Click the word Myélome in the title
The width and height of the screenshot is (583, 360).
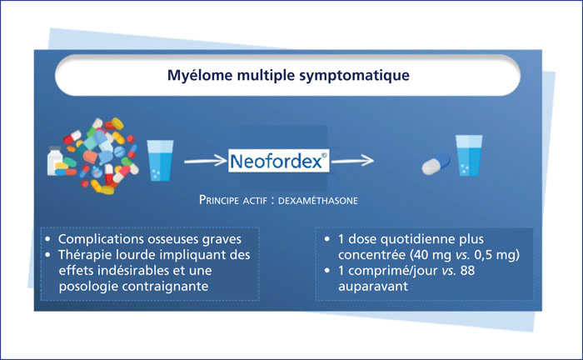click(x=200, y=76)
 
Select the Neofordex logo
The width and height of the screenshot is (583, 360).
click(x=279, y=161)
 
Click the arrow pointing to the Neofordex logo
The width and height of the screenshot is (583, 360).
click(x=205, y=161)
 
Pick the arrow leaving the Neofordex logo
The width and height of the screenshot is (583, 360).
click(x=352, y=161)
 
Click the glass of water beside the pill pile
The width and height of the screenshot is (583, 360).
click(x=160, y=160)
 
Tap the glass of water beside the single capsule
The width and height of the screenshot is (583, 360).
click(x=469, y=155)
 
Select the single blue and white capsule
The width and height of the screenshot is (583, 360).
click(x=436, y=163)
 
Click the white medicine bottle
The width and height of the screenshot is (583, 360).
click(x=55, y=160)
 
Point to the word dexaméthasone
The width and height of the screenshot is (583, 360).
click(x=318, y=201)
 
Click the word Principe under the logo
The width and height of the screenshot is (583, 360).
click(x=219, y=200)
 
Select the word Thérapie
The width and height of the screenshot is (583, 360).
click(x=80, y=256)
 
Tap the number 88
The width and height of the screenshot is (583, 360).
click(x=467, y=270)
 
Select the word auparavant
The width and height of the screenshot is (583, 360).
click(x=373, y=287)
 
